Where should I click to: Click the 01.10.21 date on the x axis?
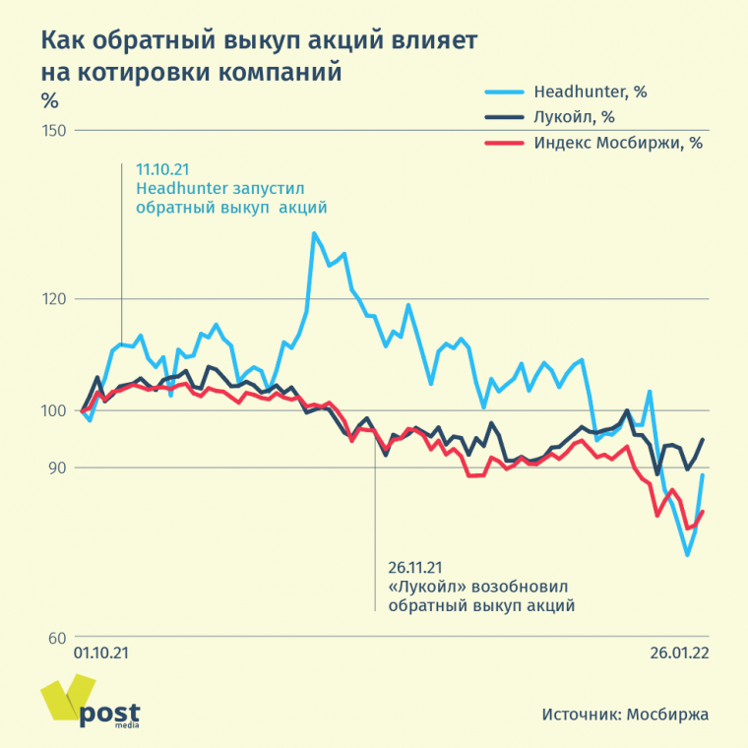click(x=102, y=653)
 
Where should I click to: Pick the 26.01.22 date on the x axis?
click(x=678, y=653)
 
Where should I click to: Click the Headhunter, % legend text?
click(x=590, y=93)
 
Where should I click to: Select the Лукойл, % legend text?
click(x=574, y=117)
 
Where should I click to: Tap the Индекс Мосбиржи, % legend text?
click(x=617, y=142)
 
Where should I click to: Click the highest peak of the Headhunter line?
click(x=314, y=233)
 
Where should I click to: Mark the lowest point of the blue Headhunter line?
click(x=687, y=554)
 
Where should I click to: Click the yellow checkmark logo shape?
click(x=59, y=701)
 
